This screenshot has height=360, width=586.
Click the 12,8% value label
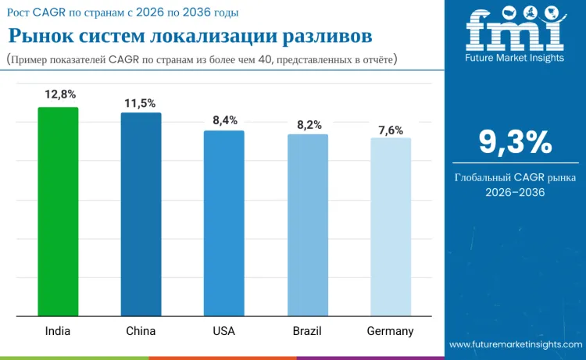tap(60, 94)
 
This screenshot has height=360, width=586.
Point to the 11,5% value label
tap(141, 103)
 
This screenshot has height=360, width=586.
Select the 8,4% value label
tap(225, 120)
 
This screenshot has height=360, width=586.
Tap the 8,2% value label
tap(308, 124)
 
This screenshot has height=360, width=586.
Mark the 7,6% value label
tap(391, 130)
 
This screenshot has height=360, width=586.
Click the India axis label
tap(58, 331)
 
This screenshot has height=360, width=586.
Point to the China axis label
tap(141, 331)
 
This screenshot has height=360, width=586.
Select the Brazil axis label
tap(307, 331)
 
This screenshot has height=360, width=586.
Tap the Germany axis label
tap(391, 331)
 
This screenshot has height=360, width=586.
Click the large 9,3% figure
tap(515, 142)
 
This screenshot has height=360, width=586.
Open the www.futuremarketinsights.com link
tap(515, 344)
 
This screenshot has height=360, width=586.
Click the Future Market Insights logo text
tap(515, 57)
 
